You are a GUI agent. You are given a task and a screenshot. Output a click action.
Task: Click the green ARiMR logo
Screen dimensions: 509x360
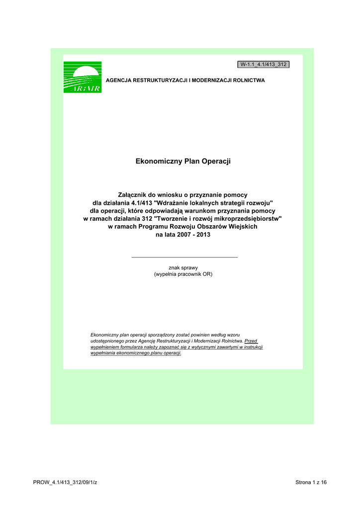83,77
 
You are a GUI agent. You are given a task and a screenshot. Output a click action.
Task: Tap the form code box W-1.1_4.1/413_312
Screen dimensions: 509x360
264,65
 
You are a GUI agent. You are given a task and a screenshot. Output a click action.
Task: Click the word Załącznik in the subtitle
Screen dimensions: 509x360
134,194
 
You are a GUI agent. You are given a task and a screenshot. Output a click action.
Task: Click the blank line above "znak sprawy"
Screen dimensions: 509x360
184,257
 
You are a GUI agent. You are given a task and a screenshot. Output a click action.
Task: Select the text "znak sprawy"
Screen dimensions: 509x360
183,267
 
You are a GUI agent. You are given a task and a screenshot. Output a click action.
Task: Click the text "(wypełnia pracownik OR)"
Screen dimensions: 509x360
183,274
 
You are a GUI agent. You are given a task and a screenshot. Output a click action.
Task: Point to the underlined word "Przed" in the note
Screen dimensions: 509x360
252,341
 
